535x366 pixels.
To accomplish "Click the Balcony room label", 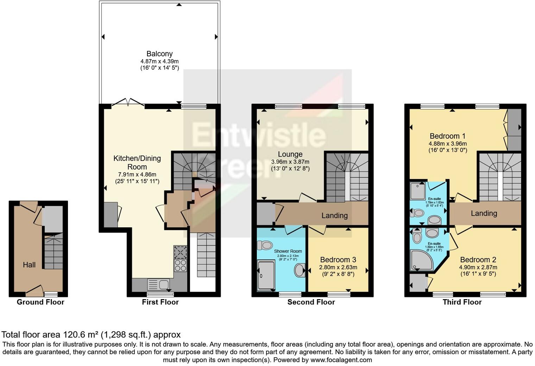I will point(159,54).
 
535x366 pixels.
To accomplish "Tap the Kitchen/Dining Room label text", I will point(137,163).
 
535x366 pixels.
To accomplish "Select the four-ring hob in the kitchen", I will point(180,265).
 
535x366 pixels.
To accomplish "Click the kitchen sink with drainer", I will point(158,284).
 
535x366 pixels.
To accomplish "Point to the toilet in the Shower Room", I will point(265,245).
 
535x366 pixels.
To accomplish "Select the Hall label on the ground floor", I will point(29,265).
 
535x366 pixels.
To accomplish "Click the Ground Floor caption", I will point(40,302).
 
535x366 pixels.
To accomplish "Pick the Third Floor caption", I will point(462,302).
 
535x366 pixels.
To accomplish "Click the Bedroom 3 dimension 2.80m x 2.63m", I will point(338,267).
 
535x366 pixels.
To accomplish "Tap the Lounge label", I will point(290,154).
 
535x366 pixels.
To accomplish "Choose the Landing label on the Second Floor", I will point(334,215).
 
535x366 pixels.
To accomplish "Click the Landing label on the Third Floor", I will point(484,213).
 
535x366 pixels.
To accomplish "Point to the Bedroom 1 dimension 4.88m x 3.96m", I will point(447,144).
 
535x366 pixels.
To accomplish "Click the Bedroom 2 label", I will point(478,260).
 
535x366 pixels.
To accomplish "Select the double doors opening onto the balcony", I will point(128,103).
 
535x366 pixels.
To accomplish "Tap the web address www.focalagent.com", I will point(341,360).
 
